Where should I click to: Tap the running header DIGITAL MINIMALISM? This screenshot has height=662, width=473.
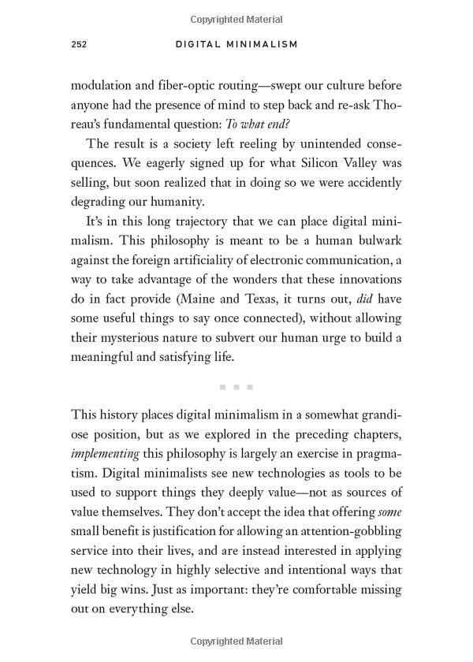click(x=236, y=45)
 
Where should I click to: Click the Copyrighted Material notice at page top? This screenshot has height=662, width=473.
click(x=236, y=19)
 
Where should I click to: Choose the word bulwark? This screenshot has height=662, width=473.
click(x=373, y=240)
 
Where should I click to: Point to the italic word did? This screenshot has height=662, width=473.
click(x=365, y=299)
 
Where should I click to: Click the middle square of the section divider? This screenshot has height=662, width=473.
click(x=236, y=387)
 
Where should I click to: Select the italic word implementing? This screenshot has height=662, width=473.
click(x=105, y=454)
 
